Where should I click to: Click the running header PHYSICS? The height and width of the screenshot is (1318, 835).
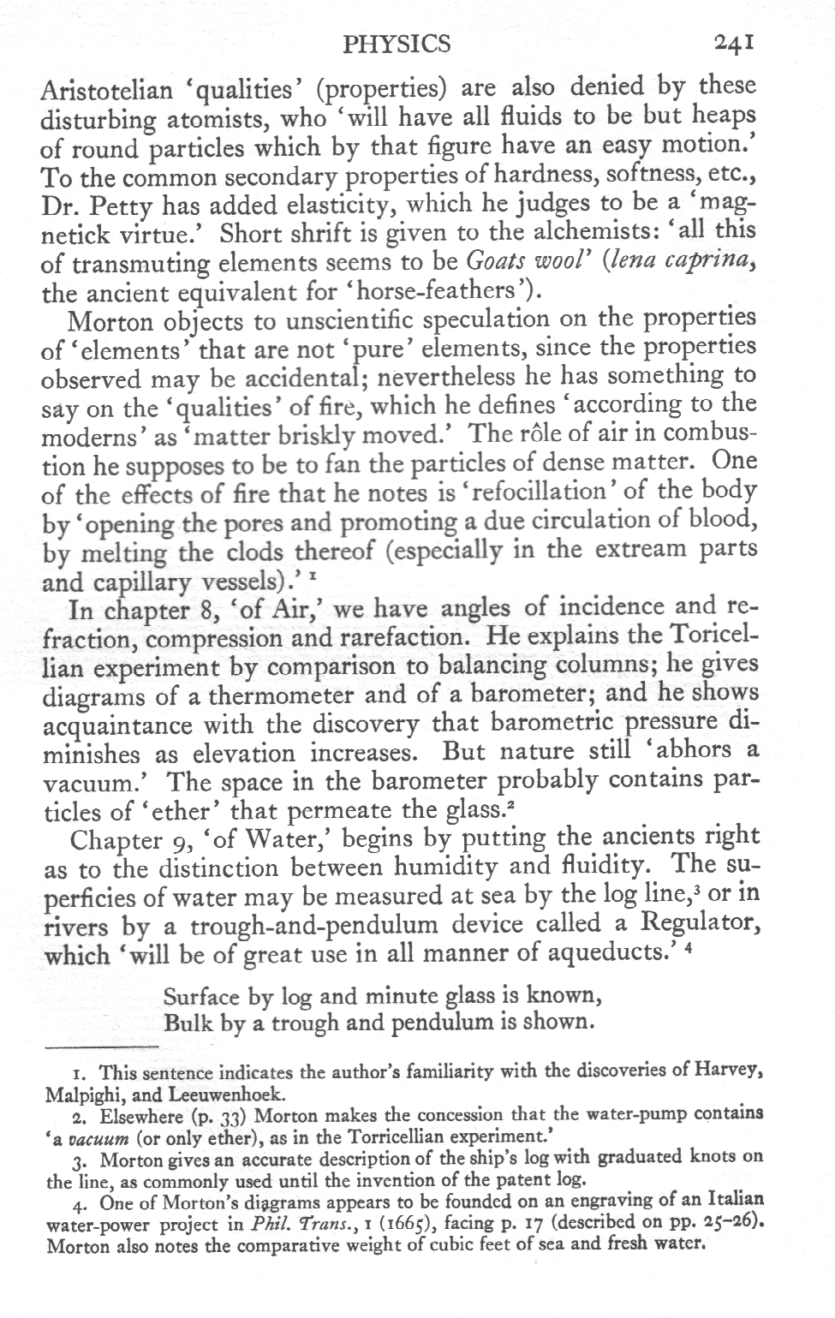coord(397,44)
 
